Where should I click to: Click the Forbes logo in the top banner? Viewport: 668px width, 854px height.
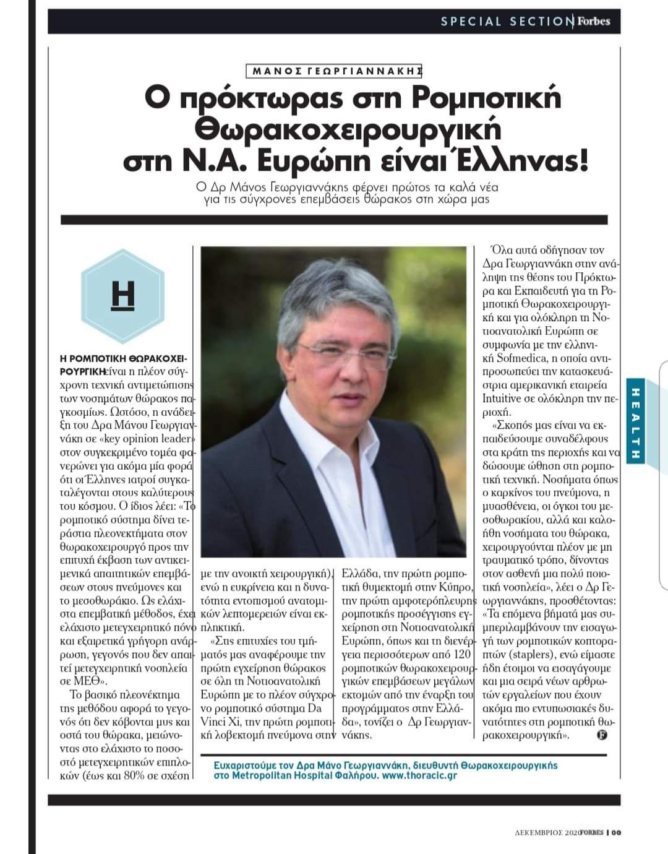pos(594,22)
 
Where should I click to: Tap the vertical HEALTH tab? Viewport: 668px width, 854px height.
pos(635,420)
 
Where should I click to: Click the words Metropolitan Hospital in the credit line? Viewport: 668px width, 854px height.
pos(273,775)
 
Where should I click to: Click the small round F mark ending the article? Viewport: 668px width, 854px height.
pos(602,735)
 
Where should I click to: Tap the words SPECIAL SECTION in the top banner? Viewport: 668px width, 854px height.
pos(507,22)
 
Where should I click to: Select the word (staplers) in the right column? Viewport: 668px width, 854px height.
pos(513,654)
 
